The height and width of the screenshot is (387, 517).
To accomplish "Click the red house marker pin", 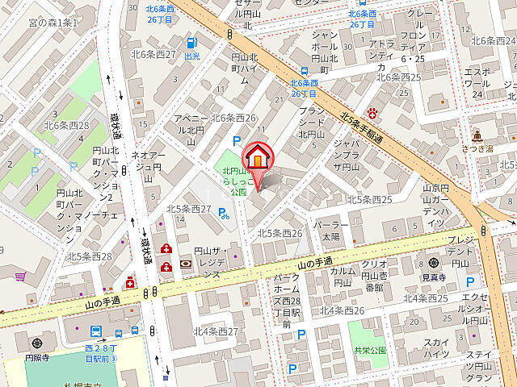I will tap(256, 157).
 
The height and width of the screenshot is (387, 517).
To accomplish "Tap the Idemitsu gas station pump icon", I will tap(191, 43).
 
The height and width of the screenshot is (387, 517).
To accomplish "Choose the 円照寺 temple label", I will tap(37, 343).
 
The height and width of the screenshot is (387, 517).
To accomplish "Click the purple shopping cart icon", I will tap(19, 275).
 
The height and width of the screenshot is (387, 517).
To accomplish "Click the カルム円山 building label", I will tap(343, 277).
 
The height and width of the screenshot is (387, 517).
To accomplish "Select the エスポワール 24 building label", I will tap(477, 82).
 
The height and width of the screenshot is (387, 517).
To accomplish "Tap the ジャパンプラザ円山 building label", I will tap(347, 155).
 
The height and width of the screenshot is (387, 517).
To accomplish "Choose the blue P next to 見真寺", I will tap(469, 281).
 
